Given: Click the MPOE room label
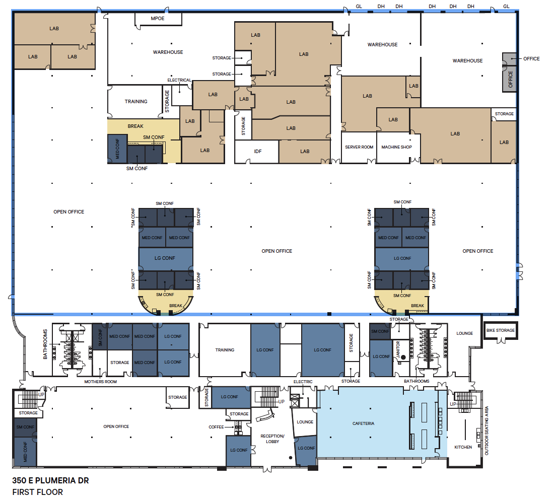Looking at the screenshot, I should pos(158,19).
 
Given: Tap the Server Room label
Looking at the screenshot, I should pos(359,147).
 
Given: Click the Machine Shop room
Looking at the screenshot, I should pos(396,147).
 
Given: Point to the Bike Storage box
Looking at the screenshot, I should pos(500,330).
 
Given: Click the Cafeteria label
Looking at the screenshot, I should pos(363,423).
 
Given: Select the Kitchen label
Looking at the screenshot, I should pos(463,447).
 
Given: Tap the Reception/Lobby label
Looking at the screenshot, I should pos(272,439).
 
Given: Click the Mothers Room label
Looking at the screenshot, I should pos(114,382).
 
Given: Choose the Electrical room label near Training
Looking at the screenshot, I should pos(179,80).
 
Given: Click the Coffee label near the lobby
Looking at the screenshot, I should pos(216,427).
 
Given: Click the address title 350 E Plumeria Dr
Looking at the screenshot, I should pos(50,480).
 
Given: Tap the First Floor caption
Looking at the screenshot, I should pos(38,492).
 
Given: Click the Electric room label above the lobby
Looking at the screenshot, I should pos(303,382).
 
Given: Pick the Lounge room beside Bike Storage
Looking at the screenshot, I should pos(464,333).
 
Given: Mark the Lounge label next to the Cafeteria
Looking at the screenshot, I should pos(305,422).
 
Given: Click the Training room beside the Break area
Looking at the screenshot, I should pos(136,101).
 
